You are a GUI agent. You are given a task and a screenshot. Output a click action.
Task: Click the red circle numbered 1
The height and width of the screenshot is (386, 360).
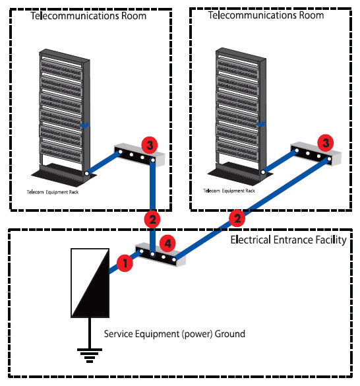pyautogui.click(x=125, y=263)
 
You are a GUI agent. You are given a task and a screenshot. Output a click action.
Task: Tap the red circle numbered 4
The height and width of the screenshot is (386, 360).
pyautogui.click(x=168, y=243)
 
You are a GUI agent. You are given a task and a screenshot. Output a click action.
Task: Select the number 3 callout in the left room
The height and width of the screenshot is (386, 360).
pyautogui.click(x=150, y=145)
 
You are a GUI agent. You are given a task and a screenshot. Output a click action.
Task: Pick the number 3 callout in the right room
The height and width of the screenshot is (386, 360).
pyautogui.click(x=326, y=143)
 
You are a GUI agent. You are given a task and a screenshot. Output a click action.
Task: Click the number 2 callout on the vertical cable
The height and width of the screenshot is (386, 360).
pyautogui.click(x=152, y=219)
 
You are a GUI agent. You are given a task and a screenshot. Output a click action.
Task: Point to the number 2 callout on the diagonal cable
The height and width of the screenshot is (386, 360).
pyautogui.click(x=237, y=218)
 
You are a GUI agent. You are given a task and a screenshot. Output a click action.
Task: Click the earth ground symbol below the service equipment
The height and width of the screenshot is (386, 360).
pyautogui.click(x=90, y=355)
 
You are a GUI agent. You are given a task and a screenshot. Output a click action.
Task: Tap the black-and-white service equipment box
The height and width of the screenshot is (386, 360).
pyautogui.click(x=90, y=283)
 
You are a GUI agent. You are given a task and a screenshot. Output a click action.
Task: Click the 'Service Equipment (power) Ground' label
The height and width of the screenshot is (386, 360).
pyautogui.click(x=175, y=334)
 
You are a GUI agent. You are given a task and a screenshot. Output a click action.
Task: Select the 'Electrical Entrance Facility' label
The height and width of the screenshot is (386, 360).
pyautogui.click(x=288, y=240)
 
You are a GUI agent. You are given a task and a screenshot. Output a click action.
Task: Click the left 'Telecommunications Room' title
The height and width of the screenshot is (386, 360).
pyautogui.click(x=88, y=16)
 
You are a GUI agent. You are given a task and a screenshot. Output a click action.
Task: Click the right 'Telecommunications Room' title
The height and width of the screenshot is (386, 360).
pyautogui.click(x=266, y=15)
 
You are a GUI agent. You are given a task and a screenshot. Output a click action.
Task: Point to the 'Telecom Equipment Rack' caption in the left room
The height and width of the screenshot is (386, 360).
pyautogui.click(x=53, y=192)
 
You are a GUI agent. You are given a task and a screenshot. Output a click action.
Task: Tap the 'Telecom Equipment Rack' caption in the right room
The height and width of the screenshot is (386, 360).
pyautogui.click(x=229, y=191)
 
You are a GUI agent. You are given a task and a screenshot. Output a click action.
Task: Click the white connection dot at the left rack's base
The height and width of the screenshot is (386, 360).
pyautogui.click(x=86, y=174)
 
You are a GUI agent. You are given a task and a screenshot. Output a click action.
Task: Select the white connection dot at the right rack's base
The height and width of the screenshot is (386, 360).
pyautogui.click(x=263, y=172)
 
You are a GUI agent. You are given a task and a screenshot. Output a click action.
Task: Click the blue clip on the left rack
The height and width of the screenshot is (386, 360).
pyautogui.click(x=84, y=125)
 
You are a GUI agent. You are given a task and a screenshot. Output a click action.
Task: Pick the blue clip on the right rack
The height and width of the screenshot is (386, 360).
pyautogui.click(x=260, y=124)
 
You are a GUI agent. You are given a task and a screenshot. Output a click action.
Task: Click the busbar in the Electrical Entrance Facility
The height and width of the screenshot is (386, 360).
pyautogui.click(x=160, y=255)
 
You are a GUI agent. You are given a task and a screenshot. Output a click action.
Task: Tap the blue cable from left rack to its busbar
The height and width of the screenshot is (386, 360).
pyautogui.click(x=104, y=162)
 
